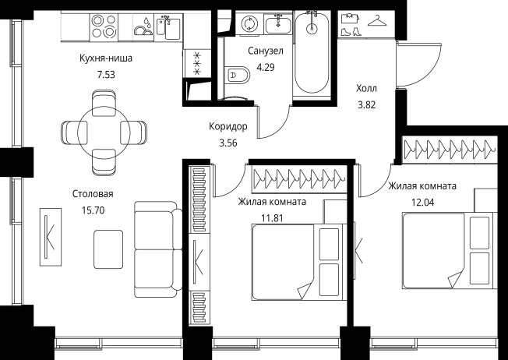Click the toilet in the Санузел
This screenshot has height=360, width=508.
coord(238,76)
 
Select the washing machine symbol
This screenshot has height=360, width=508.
coord(249,23)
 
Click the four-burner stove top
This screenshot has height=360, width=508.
coord(104,26)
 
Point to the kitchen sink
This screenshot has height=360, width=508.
coord(168,28)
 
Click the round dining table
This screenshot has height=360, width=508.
coord(104,132)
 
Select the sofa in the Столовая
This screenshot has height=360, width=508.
coord(158,249)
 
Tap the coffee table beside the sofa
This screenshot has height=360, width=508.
coord(108,249)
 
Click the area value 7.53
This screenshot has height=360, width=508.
coord(106,75)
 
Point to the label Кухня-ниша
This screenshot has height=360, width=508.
coord(106,58)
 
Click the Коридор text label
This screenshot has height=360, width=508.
coord(228,126)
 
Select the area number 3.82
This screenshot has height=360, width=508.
coord(367,105)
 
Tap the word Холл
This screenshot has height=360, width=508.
coord(367,89)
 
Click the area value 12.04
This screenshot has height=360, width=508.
coord(423,203)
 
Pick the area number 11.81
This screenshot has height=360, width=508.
coord(272,218)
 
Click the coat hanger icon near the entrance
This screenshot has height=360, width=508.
coord(377,21)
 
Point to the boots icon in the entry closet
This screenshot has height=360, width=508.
coord(351,32)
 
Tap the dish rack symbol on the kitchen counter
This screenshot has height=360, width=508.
coord(143,28)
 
